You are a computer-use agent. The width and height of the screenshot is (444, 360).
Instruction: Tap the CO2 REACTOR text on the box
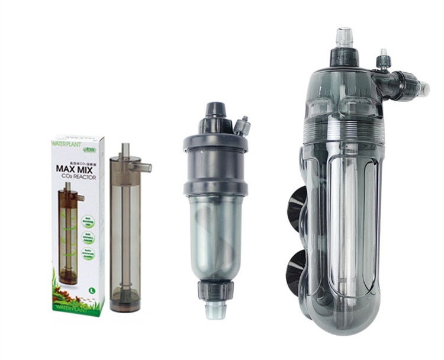click(x=77, y=178)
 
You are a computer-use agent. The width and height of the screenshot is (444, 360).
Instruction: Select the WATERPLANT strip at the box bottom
click(x=76, y=307)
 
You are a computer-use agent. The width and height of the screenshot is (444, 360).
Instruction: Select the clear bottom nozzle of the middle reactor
click(x=214, y=311)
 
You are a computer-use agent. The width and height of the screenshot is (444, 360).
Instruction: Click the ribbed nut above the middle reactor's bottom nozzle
click(x=214, y=291)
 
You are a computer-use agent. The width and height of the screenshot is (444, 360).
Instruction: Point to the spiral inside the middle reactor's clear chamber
click(x=214, y=237)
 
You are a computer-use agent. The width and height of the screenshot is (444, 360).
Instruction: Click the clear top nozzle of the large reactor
click(x=344, y=37)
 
